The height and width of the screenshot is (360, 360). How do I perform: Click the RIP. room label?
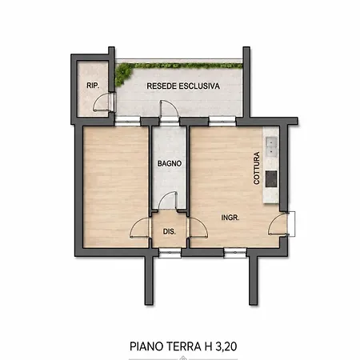[93, 86]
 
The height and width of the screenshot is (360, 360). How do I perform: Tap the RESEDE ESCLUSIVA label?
[183, 86]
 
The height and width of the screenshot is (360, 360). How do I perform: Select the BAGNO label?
[170, 163]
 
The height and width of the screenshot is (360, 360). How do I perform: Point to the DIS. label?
[170, 231]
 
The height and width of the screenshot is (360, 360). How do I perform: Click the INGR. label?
[230, 218]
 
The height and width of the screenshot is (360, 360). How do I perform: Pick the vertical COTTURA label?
[257, 168]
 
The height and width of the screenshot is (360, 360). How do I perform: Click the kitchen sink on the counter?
[271, 146]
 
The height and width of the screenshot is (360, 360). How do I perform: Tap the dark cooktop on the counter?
[271, 179]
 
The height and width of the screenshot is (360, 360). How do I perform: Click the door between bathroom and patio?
[169, 110]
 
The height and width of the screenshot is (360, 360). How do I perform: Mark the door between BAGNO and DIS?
[167, 201]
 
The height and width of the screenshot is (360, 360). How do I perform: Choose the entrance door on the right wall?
[278, 224]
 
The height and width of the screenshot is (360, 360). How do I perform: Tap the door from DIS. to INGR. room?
[198, 227]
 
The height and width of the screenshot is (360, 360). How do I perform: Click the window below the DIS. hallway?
[170, 253]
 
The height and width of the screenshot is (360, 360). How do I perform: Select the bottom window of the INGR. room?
[235, 253]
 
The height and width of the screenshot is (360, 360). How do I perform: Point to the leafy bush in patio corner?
[123, 74]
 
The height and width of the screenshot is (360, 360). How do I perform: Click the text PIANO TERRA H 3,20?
[183, 346]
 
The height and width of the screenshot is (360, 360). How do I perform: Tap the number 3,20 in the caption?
[226, 346]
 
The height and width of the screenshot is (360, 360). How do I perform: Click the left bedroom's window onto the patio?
[127, 122]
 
